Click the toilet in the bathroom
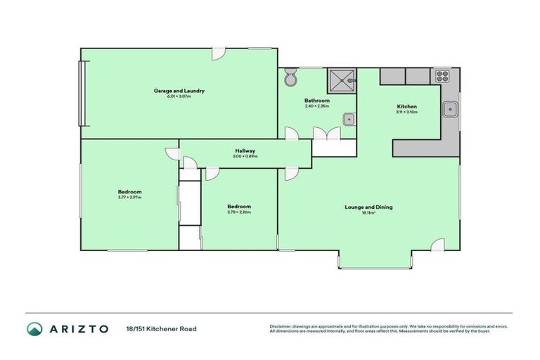291,79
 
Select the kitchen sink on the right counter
451,110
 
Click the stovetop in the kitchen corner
442,75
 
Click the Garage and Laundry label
179,91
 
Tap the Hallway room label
245,150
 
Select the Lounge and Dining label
368,207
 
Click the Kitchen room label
407,107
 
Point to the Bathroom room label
317,101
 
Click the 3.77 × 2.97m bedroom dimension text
130,198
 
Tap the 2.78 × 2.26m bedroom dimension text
239,212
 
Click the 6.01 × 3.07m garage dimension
179,96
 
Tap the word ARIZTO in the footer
78,328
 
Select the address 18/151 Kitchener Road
161,328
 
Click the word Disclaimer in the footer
281,326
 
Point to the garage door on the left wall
83,93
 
